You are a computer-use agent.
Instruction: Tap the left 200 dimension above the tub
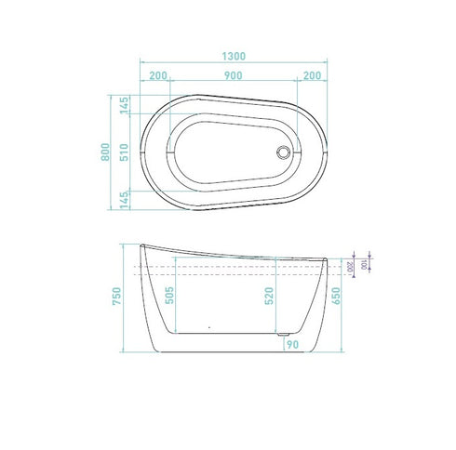point(157,74)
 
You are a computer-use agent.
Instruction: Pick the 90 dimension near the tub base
point(291,345)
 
